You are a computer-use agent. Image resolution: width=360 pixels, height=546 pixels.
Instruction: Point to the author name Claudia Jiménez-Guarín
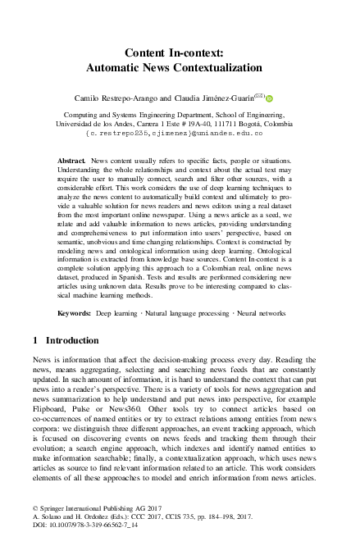pos(225,98)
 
